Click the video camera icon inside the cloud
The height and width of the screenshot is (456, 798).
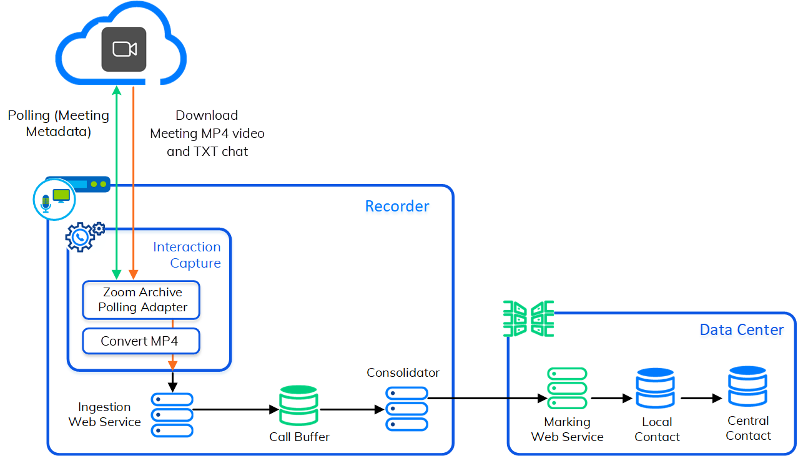pyautogui.click(x=124, y=49)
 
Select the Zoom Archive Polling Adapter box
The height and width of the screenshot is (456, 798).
pyautogui.click(x=142, y=300)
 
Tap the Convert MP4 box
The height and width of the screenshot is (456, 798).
pyautogui.click(x=140, y=341)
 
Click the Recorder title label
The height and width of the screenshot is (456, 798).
pyautogui.click(x=397, y=206)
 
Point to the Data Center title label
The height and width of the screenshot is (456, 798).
pyautogui.click(x=741, y=330)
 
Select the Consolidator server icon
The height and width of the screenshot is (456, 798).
pyautogui.click(x=406, y=409)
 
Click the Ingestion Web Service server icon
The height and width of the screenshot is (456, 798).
pyautogui.click(x=172, y=414)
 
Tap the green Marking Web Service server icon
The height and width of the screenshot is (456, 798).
pyautogui.click(x=567, y=389)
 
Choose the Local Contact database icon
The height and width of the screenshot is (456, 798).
pyautogui.click(x=656, y=389)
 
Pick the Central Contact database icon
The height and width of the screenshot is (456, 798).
pyautogui.click(x=747, y=387)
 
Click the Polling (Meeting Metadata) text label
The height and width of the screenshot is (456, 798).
pyautogui.click(x=58, y=124)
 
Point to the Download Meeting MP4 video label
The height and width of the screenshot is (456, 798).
pyautogui.click(x=207, y=133)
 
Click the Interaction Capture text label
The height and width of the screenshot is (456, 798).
pyautogui.click(x=187, y=255)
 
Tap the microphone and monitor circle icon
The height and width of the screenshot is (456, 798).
pyautogui.click(x=54, y=199)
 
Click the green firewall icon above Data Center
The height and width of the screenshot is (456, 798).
pyautogui.click(x=529, y=318)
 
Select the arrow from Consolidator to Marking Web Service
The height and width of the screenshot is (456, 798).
pyautogui.click(x=487, y=397)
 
